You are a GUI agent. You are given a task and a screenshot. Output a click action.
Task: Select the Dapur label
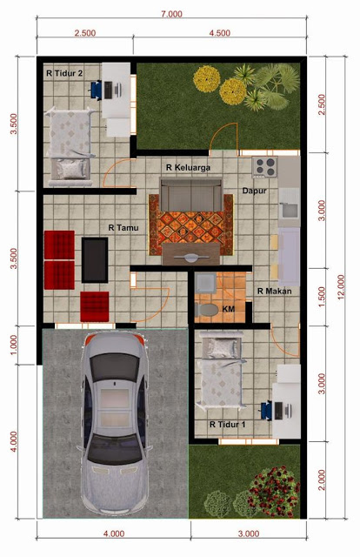(254, 189)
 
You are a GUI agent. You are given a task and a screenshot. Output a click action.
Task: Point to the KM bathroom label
(229, 309)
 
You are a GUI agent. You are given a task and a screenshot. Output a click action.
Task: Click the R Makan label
(274, 292)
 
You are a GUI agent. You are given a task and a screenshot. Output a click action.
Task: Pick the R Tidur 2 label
(64, 74)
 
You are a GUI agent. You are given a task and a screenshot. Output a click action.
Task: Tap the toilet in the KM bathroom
(207, 309)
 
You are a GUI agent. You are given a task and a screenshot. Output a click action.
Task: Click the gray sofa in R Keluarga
(190, 197)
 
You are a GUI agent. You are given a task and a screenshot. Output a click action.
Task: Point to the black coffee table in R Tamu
(95, 259)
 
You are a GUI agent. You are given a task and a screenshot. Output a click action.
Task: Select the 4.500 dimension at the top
(220, 33)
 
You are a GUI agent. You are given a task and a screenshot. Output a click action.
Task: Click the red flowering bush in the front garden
(271, 489)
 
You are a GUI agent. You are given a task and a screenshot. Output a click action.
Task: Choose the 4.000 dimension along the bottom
(113, 534)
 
